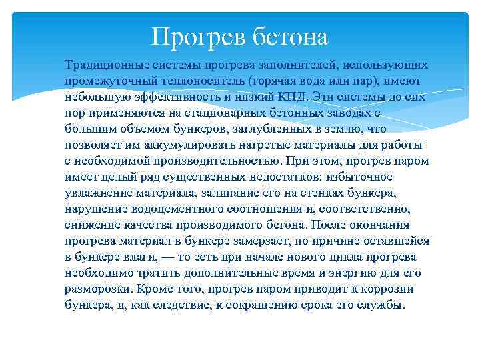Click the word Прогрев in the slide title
coord(199,37)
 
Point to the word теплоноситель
coord(204,81)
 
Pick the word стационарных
coord(219,113)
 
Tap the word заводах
coord(341,113)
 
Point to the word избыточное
coord(357,177)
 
